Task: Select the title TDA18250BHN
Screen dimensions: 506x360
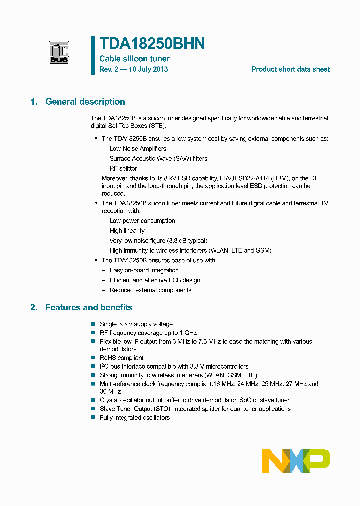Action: click(x=152, y=44)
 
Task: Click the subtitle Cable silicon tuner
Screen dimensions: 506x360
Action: click(x=134, y=59)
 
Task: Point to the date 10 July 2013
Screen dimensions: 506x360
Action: click(x=148, y=69)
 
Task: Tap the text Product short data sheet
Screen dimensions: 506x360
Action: click(x=290, y=69)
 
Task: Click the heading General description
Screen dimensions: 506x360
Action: click(x=85, y=102)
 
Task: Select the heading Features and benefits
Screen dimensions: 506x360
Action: click(x=89, y=307)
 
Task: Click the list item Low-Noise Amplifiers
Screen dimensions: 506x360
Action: click(x=138, y=149)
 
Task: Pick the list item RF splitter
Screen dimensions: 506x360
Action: click(x=123, y=169)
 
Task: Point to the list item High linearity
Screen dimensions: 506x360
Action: click(x=127, y=231)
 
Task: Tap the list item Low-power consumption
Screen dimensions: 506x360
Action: click(x=142, y=221)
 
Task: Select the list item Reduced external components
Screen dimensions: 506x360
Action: click(x=150, y=290)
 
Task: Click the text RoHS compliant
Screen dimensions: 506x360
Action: click(x=121, y=358)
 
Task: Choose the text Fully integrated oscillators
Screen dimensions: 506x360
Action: click(x=134, y=418)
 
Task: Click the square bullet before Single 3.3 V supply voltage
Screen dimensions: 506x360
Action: click(x=93, y=324)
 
